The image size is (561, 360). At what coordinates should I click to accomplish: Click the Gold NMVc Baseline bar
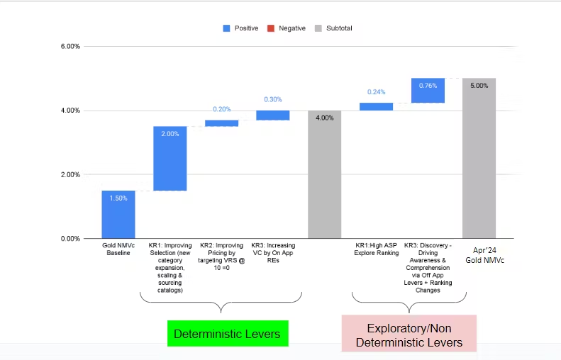(x=118, y=214)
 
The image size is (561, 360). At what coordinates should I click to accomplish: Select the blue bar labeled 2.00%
(x=170, y=159)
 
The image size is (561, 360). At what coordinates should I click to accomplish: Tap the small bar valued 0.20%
(x=221, y=123)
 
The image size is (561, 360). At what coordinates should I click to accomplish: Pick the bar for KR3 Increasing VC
(x=272, y=115)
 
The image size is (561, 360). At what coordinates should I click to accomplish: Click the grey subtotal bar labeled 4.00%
(x=324, y=174)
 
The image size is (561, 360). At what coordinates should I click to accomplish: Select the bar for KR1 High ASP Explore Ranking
(x=376, y=106)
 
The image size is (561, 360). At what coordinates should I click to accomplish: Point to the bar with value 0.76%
(x=428, y=91)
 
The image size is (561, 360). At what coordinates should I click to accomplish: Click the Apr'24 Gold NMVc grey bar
(x=479, y=158)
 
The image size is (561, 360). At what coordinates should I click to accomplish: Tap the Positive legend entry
(x=240, y=28)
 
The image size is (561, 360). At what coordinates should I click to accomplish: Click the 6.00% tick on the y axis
(x=70, y=46)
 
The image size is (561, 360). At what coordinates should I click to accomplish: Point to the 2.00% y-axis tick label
(x=70, y=174)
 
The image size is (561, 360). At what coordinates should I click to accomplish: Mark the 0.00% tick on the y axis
(x=70, y=239)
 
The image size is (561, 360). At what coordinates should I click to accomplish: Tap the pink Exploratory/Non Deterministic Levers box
(x=409, y=335)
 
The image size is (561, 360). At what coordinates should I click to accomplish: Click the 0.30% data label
(x=272, y=100)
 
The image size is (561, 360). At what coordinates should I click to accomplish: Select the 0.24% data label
(x=376, y=92)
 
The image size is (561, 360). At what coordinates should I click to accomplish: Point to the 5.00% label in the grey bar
(x=479, y=86)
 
